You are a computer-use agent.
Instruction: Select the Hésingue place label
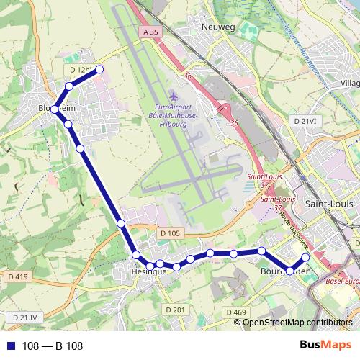[150, 273]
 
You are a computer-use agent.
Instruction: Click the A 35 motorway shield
[150, 32]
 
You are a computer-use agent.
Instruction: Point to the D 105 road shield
[171, 233]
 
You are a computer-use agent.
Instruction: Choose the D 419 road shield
[18, 276]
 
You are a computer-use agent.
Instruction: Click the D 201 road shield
[175, 310]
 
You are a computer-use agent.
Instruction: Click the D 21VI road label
[305, 122]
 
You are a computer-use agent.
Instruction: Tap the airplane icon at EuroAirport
[172, 96]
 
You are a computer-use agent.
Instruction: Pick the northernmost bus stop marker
[99, 69]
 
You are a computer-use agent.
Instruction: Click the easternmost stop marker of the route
[305, 257]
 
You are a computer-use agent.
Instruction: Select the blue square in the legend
[10, 346]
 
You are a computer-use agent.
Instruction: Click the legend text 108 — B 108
[53, 346]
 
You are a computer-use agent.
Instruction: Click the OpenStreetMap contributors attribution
[297, 322]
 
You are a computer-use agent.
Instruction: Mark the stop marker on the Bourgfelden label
[290, 271]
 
